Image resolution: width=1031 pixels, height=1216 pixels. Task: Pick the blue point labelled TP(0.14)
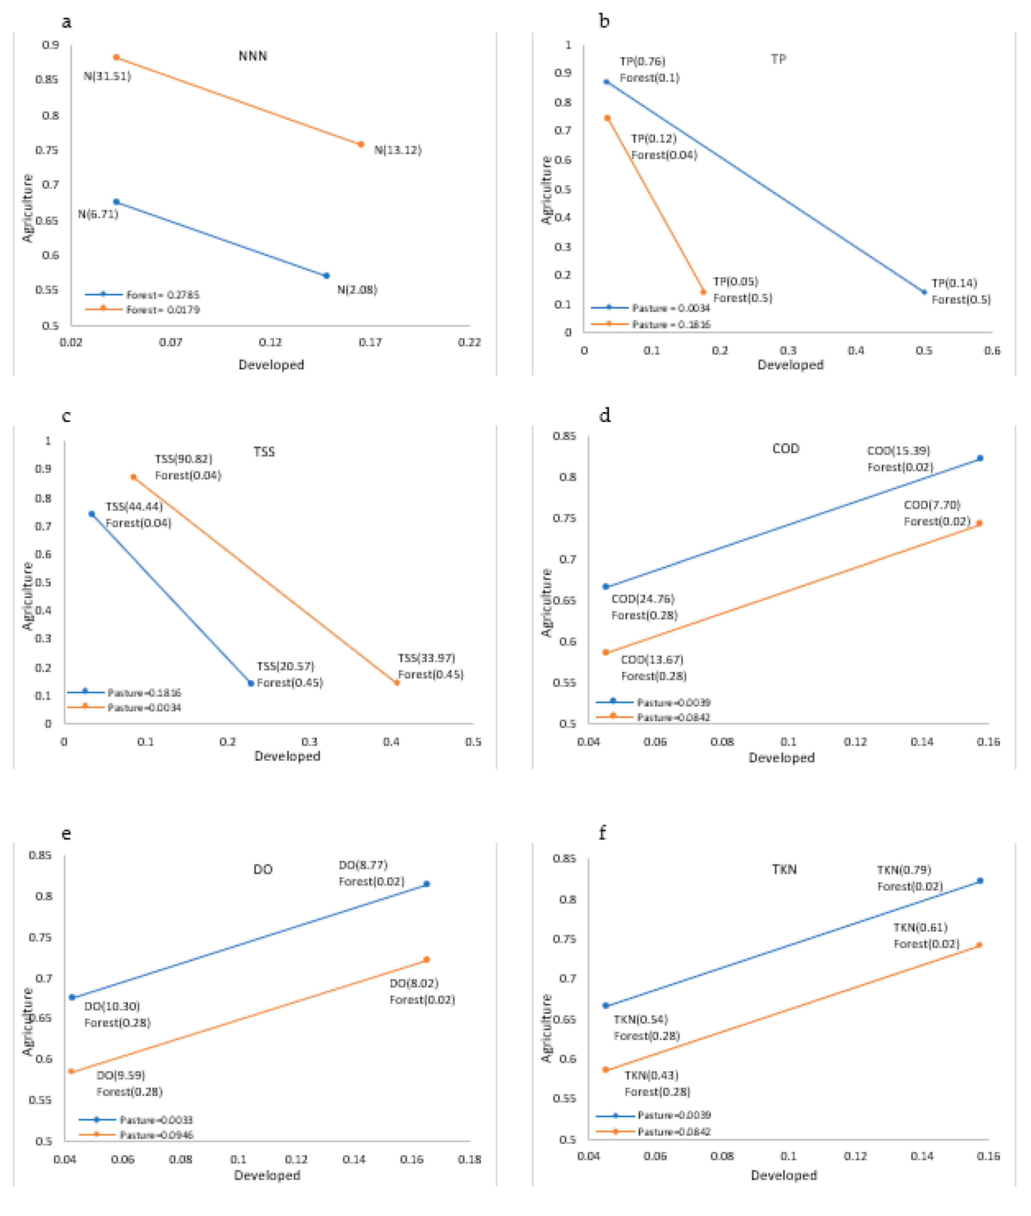click(924, 292)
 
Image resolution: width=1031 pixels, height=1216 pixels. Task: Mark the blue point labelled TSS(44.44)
click(92, 514)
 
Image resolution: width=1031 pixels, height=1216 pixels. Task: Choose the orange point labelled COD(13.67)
click(606, 652)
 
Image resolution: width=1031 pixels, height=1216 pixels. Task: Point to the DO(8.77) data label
click(363, 865)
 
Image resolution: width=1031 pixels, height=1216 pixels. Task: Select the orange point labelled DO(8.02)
click(427, 959)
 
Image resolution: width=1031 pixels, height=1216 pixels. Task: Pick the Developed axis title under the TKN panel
click(784, 1175)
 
